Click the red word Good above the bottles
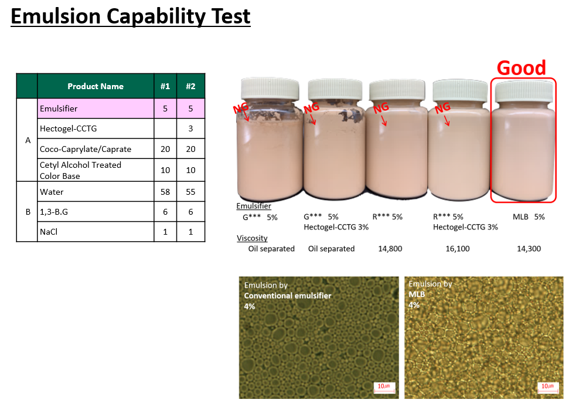(x=522, y=68)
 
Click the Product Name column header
(x=96, y=86)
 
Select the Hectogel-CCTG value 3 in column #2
(x=190, y=128)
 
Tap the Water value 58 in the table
(x=165, y=192)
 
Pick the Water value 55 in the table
(x=190, y=192)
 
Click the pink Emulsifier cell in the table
(x=96, y=109)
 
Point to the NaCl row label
(x=49, y=232)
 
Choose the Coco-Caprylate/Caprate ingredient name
(x=86, y=150)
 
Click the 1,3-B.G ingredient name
(x=54, y=212)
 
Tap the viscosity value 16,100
(x=458, y=249)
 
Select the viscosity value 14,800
(x=390, y=249)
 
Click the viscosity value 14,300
(x=529, y=249)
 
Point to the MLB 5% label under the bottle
(x=529, y=217)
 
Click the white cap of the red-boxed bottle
(x=524, y=91)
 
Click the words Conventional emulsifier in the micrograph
(x=288, y=296)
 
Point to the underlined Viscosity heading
(x=252, y=238)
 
